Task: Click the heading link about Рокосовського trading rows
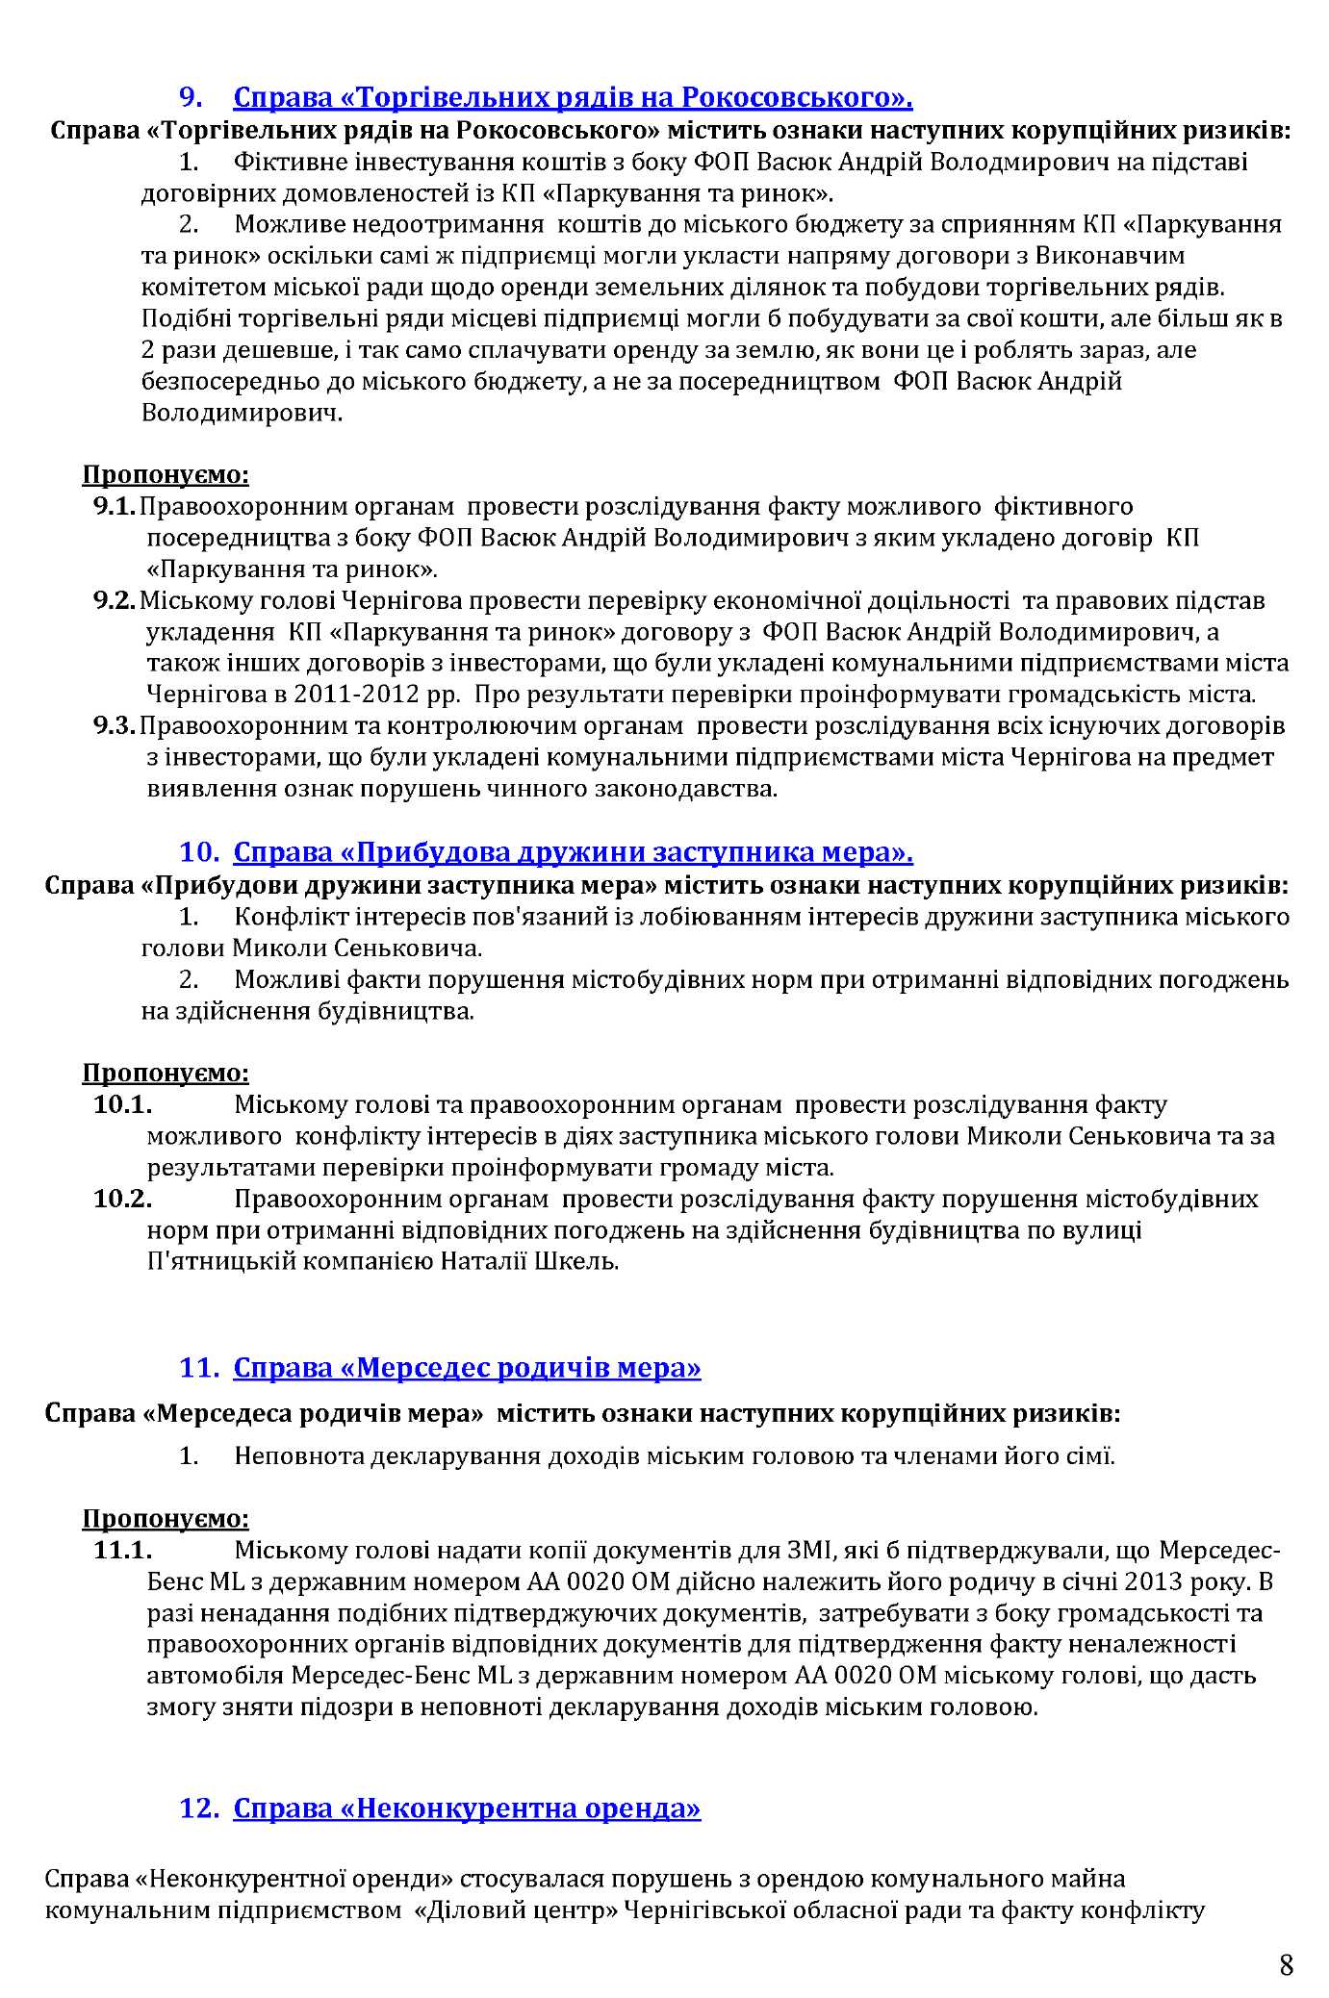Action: point(573,97)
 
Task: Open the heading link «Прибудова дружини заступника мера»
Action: point(573,852)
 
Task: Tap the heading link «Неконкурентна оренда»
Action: point(467,1808)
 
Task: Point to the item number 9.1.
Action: point(115,506)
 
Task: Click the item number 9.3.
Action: point(115,725)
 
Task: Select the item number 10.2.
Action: point(123,1199)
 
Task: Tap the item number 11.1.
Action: point(123,1550)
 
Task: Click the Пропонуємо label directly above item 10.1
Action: point(166,1072)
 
